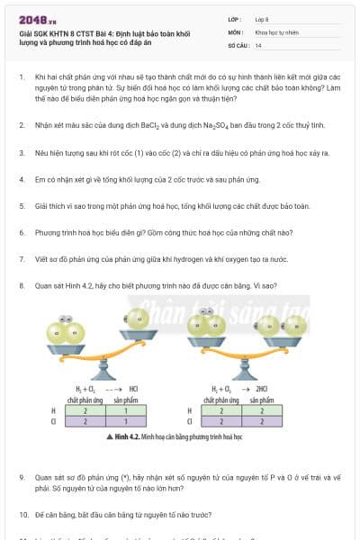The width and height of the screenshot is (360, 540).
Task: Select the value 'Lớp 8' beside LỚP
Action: pyautogui.click(x=262, y=18)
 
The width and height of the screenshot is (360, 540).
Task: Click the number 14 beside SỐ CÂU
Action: pyautogui.click(x=258, y=44)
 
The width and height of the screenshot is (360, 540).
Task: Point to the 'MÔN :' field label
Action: pyautogui.click(x=236, y=31)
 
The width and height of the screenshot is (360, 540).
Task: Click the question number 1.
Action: pyautogui.click(x=21, y=77)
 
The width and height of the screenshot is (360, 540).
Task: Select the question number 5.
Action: pyautogui.click(x=21, y=206)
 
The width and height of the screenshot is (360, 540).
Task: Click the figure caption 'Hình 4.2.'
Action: pyautogui.click(x=130, y=435)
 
